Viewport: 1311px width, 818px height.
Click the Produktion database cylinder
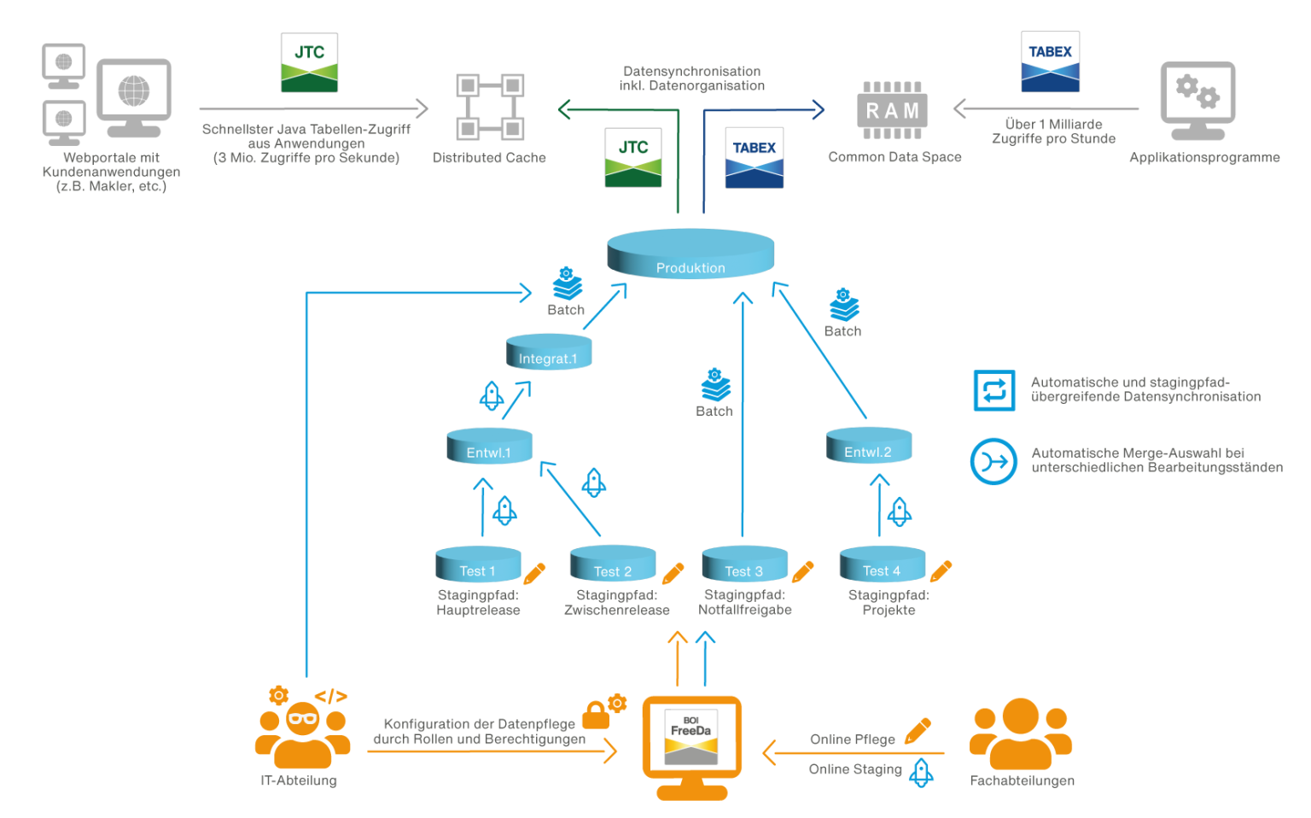690,254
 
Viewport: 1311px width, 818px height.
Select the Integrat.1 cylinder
548,353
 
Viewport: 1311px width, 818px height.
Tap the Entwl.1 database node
489,447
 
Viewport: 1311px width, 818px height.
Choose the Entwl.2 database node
868,446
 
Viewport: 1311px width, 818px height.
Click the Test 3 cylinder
744,564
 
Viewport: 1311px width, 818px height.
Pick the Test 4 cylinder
882,564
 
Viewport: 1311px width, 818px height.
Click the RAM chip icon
892,110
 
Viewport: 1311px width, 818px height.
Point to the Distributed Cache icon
489,107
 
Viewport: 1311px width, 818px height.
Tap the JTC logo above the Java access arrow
310,62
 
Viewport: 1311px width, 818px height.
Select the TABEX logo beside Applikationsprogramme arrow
1050,61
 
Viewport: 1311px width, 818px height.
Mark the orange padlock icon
596,715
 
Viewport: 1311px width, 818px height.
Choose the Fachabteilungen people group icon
1021,735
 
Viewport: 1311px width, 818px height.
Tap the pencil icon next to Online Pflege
918,731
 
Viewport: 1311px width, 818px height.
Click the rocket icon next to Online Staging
921,772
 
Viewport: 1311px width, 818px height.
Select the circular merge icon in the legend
993,462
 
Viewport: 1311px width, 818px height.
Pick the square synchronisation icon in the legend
994,390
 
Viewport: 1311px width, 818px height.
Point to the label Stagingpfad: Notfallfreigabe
744,602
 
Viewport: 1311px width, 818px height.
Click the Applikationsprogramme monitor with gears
1197,101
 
